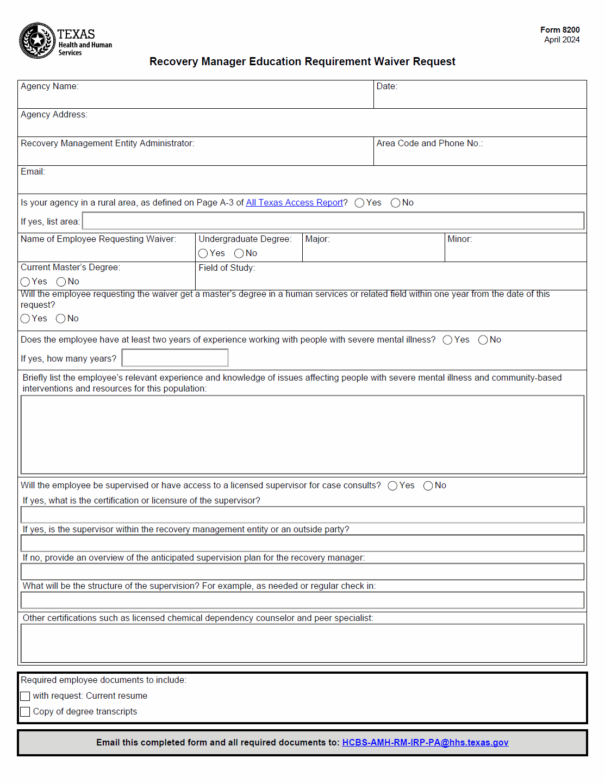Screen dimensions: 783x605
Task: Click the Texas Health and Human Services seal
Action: [x=37, y=40]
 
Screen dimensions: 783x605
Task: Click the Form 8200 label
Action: [x=559, y=30]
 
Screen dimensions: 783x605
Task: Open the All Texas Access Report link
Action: [x=294, y=203]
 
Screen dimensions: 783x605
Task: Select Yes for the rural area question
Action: [x=359, y=203]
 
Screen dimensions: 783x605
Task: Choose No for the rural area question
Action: [x=395, y=203]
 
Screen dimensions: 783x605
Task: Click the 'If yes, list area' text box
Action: [x=333, y=221]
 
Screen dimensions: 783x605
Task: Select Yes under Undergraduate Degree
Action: [x=203, y=253]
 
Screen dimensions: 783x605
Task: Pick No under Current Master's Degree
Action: [x=61, y=282]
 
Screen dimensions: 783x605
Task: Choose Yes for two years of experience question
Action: [x=447, y=340]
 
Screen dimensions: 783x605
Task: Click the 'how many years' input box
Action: [x=174, y=358]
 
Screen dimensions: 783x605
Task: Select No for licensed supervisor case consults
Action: [x=428, y=486]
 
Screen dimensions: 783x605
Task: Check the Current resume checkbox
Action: [x=25, y=696]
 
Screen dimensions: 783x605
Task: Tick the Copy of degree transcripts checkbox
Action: [x=25, y=712]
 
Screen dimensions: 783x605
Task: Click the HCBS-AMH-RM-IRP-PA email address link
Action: [x=425, y=743]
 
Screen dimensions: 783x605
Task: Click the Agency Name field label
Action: [x=49, y=86]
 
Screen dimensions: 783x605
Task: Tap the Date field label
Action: [x=386, y=86]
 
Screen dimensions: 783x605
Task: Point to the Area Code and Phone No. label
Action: [x=429, y=144]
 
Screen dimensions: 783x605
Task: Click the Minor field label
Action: [x=459, y=239]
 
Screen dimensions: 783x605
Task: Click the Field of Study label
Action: [x=227, y=268]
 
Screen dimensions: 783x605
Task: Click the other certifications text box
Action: [x=302, y=643]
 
